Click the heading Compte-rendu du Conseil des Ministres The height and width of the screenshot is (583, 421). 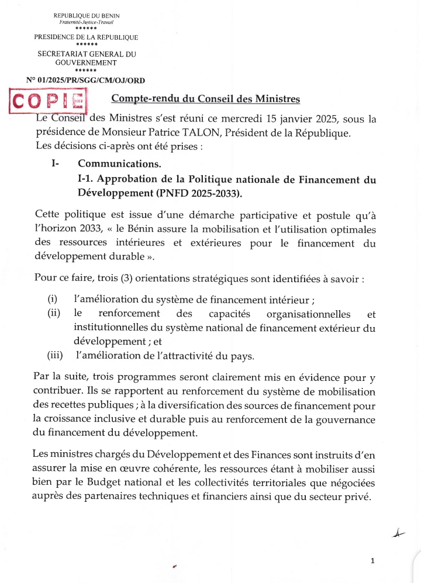205,99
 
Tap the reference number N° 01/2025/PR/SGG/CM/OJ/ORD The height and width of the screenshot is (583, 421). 86,80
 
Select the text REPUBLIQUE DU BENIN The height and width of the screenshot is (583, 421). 86,15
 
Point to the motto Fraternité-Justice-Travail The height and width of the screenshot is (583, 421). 86,22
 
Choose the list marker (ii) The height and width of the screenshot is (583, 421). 54,314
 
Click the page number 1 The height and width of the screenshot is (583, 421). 372,561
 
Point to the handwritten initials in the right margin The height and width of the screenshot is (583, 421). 399,532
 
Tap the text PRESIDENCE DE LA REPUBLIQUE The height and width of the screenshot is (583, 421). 86,37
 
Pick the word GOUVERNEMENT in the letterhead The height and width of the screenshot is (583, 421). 86,62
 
